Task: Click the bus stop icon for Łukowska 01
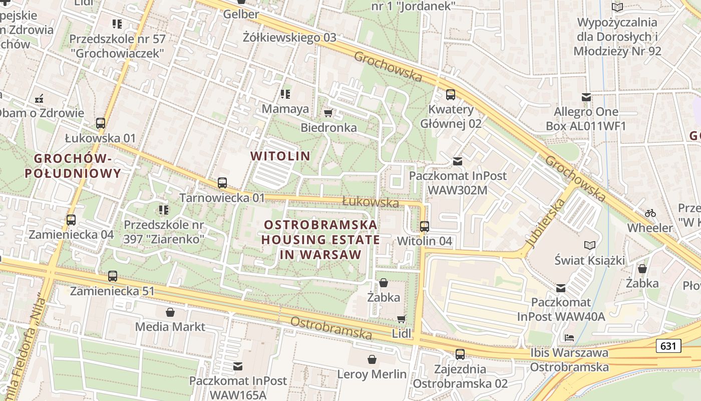tap(101, 123)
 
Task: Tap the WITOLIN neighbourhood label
tap(280, 156)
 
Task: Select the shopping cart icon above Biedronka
tap(328, 113)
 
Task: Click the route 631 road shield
tap(668, 346)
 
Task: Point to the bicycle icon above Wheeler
tap(650, 213)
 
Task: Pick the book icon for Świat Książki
tap(590, 245)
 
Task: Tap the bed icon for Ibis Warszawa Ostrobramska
tap(569, 337)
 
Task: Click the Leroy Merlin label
tap(372, 374)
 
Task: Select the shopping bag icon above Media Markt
tap(170, 312)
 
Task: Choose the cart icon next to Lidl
tap(401, 319)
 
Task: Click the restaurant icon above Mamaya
tap(285, 94)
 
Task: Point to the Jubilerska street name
tap(545, 223)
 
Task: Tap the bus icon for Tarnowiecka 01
tap(222, 183)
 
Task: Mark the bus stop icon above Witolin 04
tap(425, 226)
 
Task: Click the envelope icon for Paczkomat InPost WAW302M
tap(458, 161)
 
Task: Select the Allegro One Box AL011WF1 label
tap(586, 118)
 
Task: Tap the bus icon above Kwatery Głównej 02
tap(451, 94)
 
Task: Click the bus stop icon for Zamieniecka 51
tap(113, 276)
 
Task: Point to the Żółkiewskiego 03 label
tap(289, 38)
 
